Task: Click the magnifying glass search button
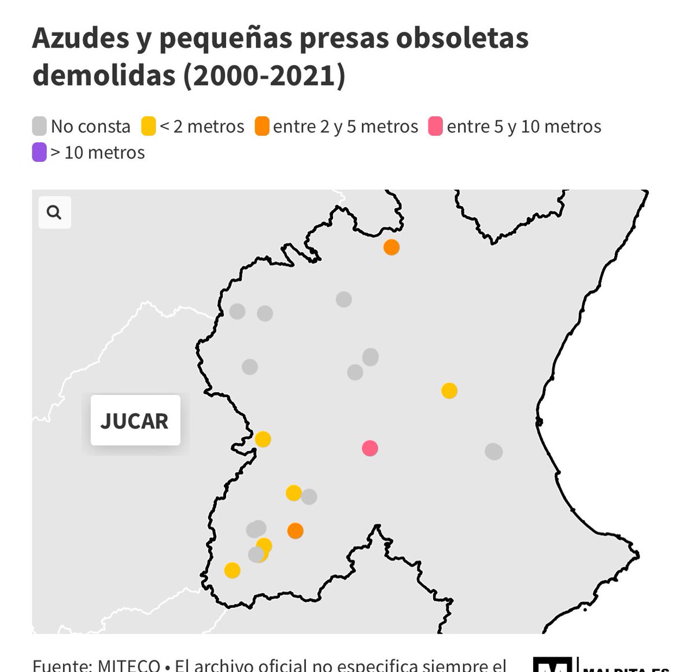pos(54,212)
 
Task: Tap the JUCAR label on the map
pos(135,420)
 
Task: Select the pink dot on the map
pos(370,448)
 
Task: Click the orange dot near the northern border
pos(392,248)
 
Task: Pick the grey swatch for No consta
pos(39,126)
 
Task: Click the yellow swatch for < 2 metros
pos(149,126)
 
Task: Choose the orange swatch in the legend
pos(262,126)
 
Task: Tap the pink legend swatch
pos(435,126)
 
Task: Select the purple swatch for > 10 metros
pos(39,153)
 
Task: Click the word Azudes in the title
pos(81,38)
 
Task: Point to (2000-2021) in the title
pos(264,75)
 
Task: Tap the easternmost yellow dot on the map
pos(449,391)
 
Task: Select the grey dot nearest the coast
pos(493,451)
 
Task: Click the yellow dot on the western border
pos(263,440)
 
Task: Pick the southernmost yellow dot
pos(232,571)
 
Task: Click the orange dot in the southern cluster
pos(296,531)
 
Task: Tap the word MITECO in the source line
pos(128,665)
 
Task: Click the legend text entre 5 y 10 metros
pos(524,126)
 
